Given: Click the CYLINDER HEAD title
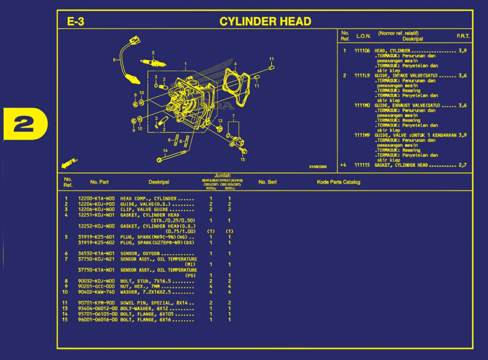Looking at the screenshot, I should [265, 21].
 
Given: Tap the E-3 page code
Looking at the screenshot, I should [76, 21].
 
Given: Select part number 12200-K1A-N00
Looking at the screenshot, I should [96, 198].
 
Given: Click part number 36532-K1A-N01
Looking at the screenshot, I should [96, 253].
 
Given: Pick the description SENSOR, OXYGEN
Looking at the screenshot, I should [140, 253].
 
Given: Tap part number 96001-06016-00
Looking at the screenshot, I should [98, 319].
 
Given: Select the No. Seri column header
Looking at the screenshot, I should [267, 182].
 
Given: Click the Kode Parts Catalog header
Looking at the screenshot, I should [338, 182].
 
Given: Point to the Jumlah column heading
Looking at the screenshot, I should [222, 175].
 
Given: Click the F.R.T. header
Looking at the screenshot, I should [463, 36].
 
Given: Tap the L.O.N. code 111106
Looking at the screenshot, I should [362, 50].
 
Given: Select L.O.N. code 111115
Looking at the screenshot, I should [362, 165].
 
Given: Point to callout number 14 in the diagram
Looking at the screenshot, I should [165, 150].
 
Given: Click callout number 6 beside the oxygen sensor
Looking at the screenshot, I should [114, 60].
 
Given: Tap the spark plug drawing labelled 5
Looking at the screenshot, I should [153, 62].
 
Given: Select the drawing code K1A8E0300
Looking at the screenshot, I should [318, 167].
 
